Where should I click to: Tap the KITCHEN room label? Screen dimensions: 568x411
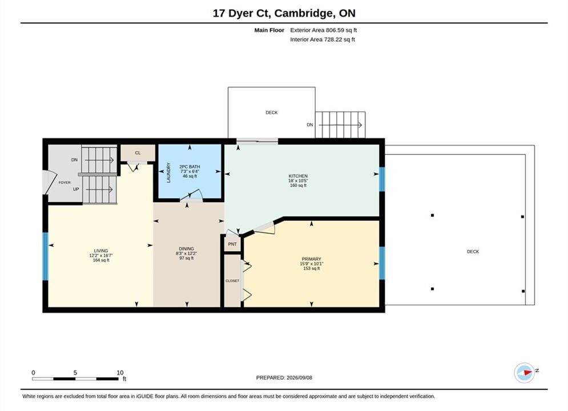298,176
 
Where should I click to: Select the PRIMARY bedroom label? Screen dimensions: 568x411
312,259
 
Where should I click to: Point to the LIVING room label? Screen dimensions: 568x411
101,251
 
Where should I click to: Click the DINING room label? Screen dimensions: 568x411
187,249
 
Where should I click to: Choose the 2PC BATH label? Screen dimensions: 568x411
190,167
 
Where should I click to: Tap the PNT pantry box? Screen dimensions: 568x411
232,244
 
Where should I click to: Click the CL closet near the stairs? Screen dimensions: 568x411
138,153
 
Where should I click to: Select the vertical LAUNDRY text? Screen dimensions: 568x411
168,172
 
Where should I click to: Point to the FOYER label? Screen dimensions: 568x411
65,183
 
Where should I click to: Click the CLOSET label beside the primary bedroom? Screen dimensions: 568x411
232,281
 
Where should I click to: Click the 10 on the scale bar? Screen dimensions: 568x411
120,373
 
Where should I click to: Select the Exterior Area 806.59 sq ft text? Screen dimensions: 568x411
324,30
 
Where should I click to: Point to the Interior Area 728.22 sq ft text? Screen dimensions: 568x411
323,39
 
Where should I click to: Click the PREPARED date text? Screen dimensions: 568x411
284,378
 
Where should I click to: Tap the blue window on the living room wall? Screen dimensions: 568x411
45,256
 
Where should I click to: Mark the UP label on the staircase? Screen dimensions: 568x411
76,189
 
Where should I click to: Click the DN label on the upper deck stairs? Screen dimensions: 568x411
310,124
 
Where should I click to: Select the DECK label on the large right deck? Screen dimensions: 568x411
473,251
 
